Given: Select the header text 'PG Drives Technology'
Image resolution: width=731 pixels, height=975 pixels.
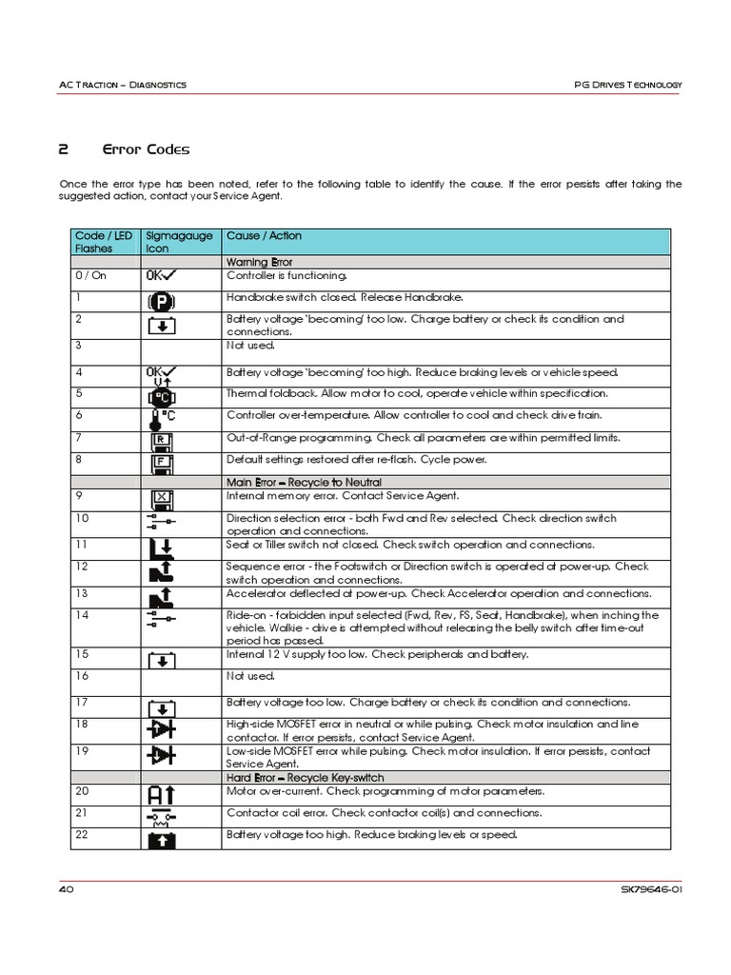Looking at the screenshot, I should tap(628, 85).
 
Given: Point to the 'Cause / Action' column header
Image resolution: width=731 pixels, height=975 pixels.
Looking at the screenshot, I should tap(264, 236).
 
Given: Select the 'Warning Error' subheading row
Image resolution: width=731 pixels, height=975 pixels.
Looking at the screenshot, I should tap(258, 261).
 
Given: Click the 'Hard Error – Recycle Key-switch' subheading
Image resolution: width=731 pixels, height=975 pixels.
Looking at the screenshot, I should tap(305, 778).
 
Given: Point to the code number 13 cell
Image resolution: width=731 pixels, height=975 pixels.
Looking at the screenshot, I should tap(82, 593).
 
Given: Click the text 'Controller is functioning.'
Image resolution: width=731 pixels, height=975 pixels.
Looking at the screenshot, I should tap(287, 275).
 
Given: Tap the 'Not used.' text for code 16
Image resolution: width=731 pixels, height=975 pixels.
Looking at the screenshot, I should tap(249, 676).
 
